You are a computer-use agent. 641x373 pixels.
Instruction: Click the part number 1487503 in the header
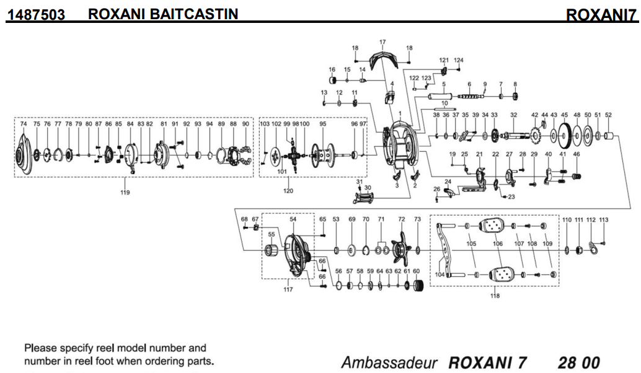coord(36,14)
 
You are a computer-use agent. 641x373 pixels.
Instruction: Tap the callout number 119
coord(125,192)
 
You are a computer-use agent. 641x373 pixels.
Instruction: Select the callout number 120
coord(288,191)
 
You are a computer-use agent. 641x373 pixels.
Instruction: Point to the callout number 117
coord(288,289)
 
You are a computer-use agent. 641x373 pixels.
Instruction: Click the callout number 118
coord(494,296)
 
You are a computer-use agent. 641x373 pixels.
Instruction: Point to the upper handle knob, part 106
coord(497,227)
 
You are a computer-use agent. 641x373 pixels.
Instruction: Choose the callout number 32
coord(513,115)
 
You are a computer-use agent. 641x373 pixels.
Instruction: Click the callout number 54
coord(293,219)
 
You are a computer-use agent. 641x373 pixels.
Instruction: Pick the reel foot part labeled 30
coord(365,198)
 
